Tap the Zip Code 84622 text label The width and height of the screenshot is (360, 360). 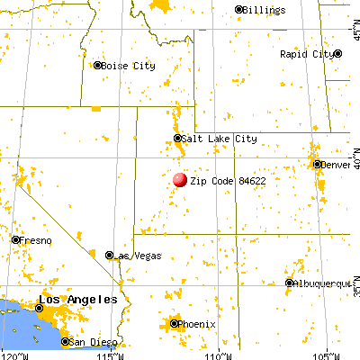point(228,181)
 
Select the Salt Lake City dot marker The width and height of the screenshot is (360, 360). point(177,139)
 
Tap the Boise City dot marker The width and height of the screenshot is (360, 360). point(98,65)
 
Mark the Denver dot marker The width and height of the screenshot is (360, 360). point(318,165)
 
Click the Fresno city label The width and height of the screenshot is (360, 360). point(37,240)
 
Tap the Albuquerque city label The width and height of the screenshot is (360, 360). point(323,283)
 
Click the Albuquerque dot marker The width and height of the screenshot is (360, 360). point(289,283)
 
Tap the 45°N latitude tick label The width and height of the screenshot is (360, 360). point(353,32)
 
